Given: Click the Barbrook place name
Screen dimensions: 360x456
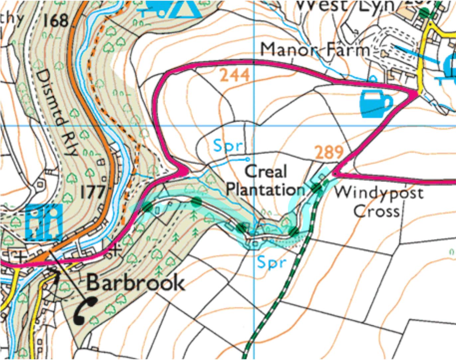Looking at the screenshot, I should click(135, 283).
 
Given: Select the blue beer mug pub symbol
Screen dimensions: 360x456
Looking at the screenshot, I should click(375, 103).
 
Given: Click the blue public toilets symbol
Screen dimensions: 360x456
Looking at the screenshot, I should click(44, 222).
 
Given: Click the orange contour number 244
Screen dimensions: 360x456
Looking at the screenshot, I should click(235, 75).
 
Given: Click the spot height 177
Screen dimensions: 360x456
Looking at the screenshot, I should click(92, 192).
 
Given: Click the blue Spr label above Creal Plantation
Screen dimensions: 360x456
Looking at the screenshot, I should click(228, 146).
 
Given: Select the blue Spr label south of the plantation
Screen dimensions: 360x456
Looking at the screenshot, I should click(272, 262).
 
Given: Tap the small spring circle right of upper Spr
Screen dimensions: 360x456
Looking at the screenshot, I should click(247, 159).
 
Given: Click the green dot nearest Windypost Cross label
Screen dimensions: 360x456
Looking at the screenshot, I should click(317, 188).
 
